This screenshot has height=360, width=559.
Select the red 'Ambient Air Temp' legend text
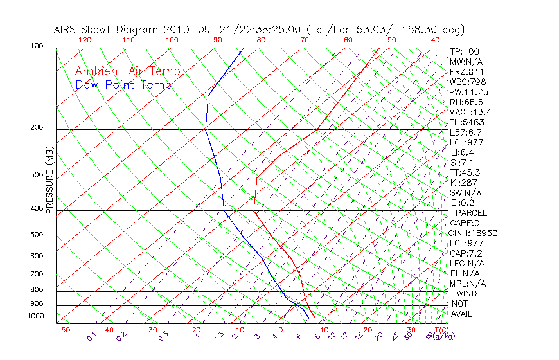[127, 71]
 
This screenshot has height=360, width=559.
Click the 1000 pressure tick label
[35, 316]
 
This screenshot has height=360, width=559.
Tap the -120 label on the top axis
[82, 39]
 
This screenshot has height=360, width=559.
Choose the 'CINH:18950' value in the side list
[474, 233]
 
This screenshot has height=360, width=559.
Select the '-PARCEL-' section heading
[471, 213]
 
